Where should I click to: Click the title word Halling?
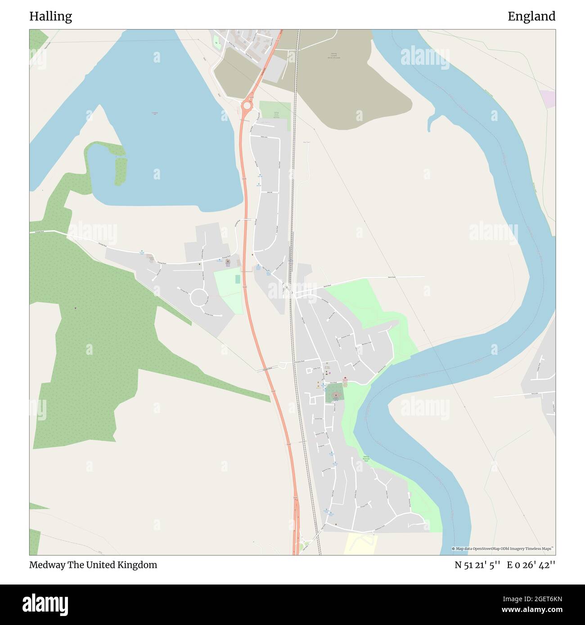[50, 17]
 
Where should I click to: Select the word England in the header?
[531, 17]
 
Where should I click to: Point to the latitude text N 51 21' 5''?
[478, 565]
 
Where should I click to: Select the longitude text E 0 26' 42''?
[531, 565]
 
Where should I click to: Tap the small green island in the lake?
[119, 171]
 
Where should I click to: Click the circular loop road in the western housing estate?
[199, 298]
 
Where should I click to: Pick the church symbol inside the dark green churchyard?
[335, 395]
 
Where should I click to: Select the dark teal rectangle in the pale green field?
[238, 279]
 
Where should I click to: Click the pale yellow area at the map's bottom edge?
[360, 544]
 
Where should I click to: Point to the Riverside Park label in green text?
[366, 459]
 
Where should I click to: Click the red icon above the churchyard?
[345, 378]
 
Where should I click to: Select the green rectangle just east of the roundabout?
[274, 111]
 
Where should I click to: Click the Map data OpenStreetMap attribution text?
[503, 549]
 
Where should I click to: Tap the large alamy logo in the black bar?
[46, 604]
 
